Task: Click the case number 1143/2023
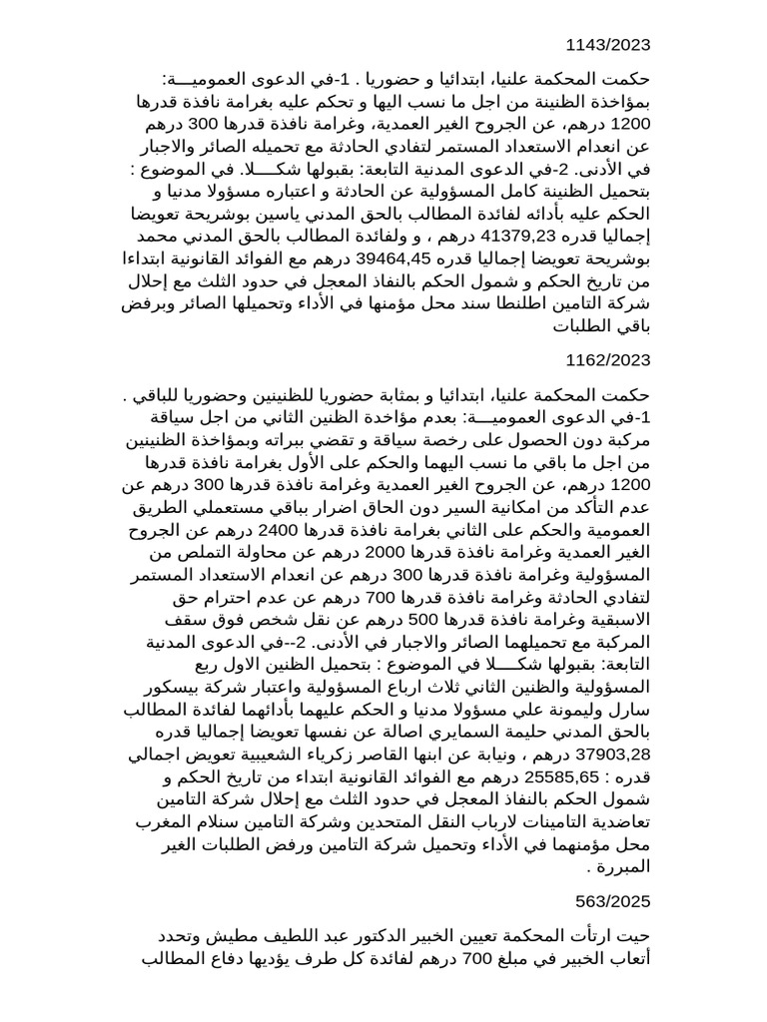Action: [x=607, y=44]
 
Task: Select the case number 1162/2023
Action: [x=607, y=360]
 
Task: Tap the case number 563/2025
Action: [x=612, y=901]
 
